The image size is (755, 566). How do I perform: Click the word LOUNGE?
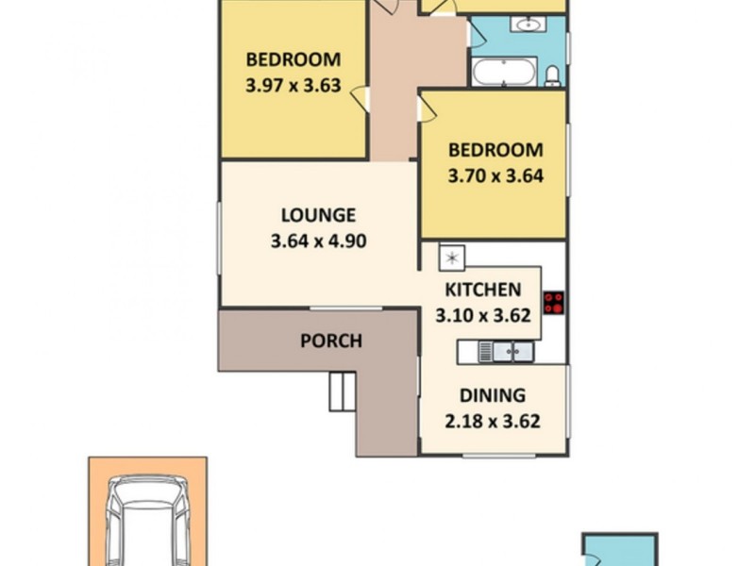coord(317,215)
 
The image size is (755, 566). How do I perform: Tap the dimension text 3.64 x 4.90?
coord(317,241)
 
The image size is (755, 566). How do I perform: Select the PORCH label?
coord(330,341)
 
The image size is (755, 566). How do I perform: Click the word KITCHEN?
coord(482,290)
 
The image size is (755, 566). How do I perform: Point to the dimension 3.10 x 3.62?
coord(482,316)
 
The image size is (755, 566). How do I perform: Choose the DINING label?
coord(492,396)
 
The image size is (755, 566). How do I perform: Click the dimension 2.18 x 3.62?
coord(492,422)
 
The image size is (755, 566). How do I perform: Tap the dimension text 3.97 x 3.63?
coord(293,83)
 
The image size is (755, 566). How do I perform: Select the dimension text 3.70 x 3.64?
coord(495,175)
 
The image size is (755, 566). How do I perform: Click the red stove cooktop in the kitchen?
coord(554,302)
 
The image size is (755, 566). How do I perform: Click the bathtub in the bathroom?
coord(504,72)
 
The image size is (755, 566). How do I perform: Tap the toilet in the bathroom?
coord(554,73)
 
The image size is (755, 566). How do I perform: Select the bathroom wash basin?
coord(528,24)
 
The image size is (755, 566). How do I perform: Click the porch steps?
coord(340,390)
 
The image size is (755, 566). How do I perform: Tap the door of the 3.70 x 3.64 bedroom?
coord(426,108)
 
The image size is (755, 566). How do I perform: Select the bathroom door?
coord(477,35)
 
